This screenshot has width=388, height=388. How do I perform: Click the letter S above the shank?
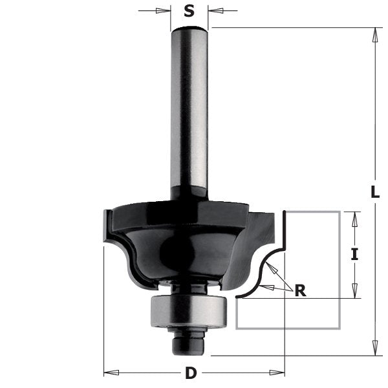pos(189,11)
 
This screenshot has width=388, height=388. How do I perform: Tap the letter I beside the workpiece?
pos(354,254)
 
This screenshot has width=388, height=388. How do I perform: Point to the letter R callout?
pos(299,291)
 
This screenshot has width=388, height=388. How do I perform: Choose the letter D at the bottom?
pos(190,373)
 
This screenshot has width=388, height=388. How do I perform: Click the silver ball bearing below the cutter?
pos(188,310)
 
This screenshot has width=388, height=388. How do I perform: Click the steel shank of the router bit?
pos(189,110)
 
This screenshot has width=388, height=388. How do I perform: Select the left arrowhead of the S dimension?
pos(166,11)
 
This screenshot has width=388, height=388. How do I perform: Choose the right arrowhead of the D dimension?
pos(279,372)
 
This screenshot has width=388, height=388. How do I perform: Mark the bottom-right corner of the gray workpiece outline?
pos(340,329)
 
